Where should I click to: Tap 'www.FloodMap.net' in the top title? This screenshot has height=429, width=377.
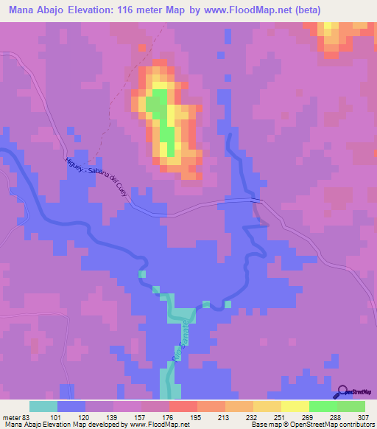click(275, 11)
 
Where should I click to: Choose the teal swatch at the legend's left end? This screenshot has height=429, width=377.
click(43, 406)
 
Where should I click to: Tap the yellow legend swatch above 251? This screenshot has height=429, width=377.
click(267, 406)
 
